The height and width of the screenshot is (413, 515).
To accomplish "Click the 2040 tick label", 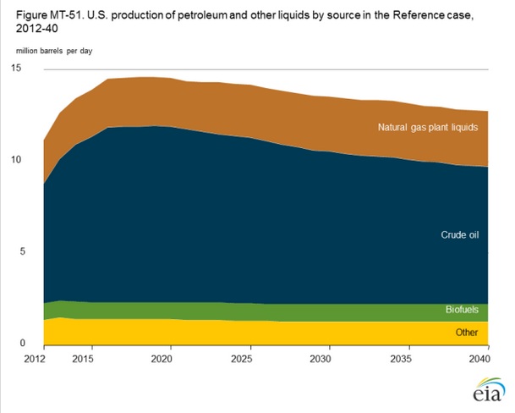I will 478,360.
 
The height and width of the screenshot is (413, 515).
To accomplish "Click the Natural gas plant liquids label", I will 428,128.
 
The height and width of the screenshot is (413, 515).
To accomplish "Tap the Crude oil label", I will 461,234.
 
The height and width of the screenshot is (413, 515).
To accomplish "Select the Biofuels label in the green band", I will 462,311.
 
